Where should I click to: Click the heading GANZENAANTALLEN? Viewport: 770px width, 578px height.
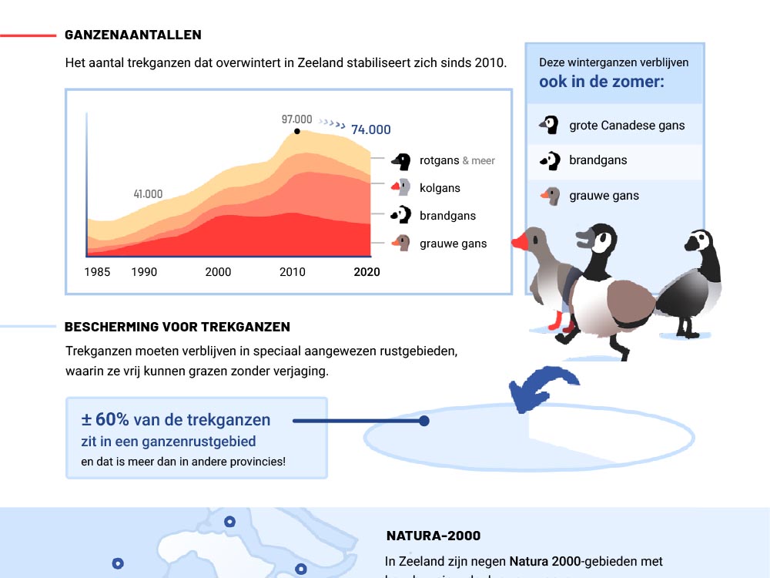(x=133, y=35)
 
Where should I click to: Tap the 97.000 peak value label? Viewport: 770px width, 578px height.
(x=296, y=119)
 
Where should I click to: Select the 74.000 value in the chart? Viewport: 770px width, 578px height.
(x=370, y=129)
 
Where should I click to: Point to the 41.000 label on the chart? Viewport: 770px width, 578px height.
(x=148, y=194)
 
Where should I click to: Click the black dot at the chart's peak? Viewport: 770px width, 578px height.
(x=297, y=132)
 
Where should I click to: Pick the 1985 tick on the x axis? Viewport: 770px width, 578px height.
(x=97, y=272)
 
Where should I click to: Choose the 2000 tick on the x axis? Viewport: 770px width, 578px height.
(x=218, y=272)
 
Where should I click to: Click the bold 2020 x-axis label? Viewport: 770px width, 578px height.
(x=367, y=272)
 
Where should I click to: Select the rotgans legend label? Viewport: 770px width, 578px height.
(x=440, y=160)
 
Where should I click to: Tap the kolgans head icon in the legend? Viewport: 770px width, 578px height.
(x=400, y=187)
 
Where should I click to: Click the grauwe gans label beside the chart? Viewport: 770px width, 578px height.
(x=453, y=244)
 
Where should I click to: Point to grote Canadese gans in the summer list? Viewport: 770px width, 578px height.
(x=627, y=125)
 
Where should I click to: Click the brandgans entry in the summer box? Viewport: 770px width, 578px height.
(x=598, y=160)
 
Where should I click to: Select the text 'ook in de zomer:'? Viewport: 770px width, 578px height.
(x=601, y=82)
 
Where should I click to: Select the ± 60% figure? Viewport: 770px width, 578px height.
(x=105, y=420)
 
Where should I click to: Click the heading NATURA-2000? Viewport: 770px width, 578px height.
(x=433, y=536)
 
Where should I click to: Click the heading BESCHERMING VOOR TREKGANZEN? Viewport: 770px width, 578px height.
(x=177, y=327)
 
